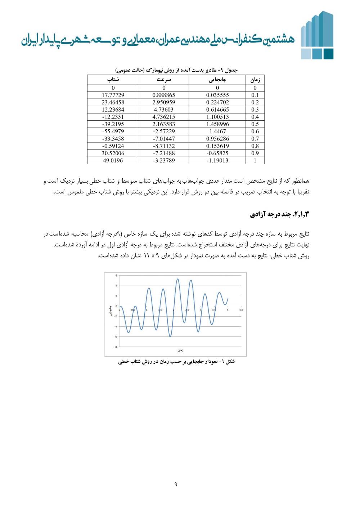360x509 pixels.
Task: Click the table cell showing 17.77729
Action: point(113,95)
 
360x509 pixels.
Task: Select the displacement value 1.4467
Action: point(217,131)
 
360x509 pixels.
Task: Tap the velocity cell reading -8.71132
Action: point(164,146)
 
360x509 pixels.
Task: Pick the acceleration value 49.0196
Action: point(113,160)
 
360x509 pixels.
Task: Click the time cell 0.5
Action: point(255,124)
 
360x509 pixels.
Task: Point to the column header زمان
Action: point(255,80)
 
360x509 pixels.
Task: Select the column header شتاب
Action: point(113,80)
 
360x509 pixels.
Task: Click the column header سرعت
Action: point(164,80)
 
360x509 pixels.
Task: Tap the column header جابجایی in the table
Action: point(217,80)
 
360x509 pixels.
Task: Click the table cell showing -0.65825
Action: point(217,153)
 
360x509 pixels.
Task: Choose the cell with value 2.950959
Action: point(164,102)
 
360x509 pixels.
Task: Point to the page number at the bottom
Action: point(176,485)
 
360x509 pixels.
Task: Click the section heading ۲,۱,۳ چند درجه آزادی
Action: point(280,215)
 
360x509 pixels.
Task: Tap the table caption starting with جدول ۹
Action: point(176,70)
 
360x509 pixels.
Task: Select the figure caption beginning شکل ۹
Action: point(176,361)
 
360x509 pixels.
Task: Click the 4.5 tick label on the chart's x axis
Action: point(241,310)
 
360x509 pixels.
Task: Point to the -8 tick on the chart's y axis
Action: point(116,347)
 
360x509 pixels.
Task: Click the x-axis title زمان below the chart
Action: point(180,350)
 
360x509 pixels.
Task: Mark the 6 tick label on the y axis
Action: point(116,276)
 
